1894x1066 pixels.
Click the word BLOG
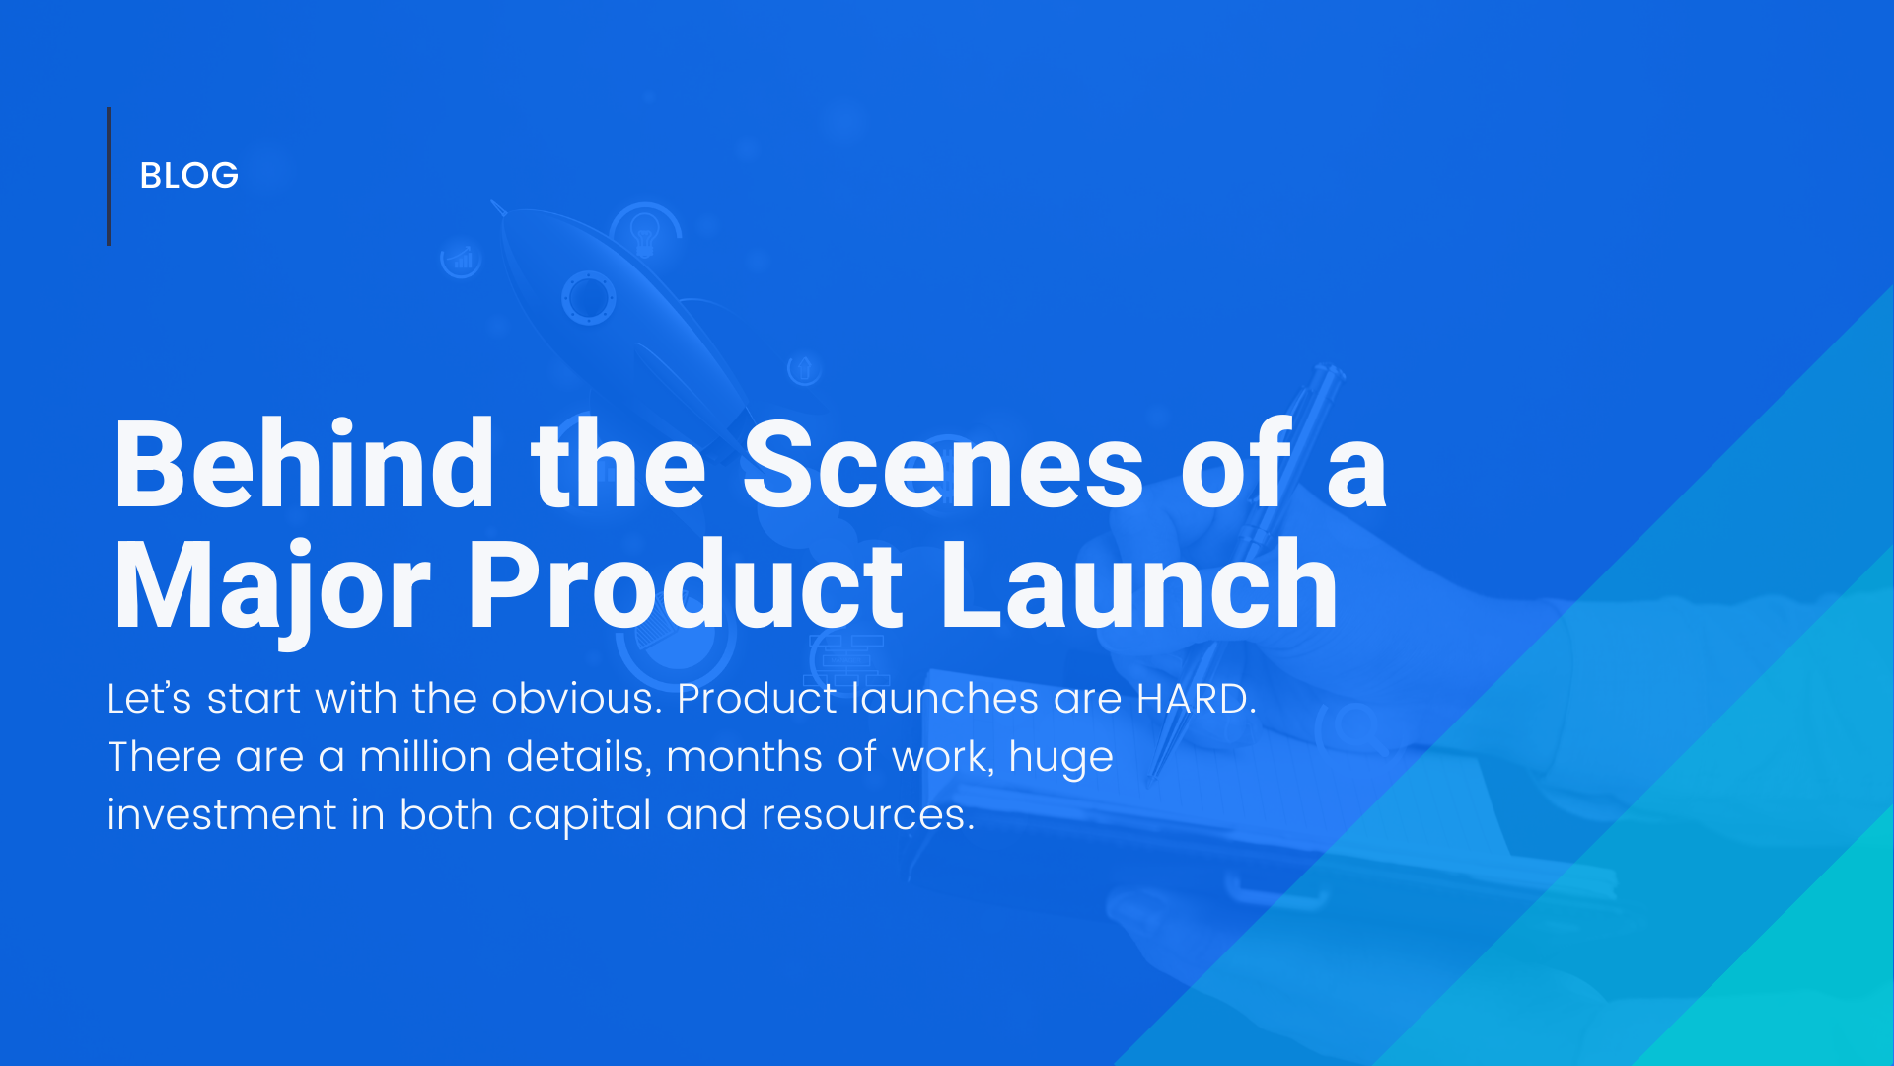[188, 176]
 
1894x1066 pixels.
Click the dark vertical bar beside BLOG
[109, 176]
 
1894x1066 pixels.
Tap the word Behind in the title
[303, 465]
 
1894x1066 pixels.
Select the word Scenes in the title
[942, 465]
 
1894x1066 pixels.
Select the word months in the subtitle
[744, 757]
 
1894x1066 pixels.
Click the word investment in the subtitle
[222, 815]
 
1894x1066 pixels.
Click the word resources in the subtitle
[866, 815]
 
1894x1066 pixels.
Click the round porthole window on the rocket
[588, 298]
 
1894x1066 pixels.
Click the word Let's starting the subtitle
[149, 699]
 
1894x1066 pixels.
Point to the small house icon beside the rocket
[804, 369]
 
